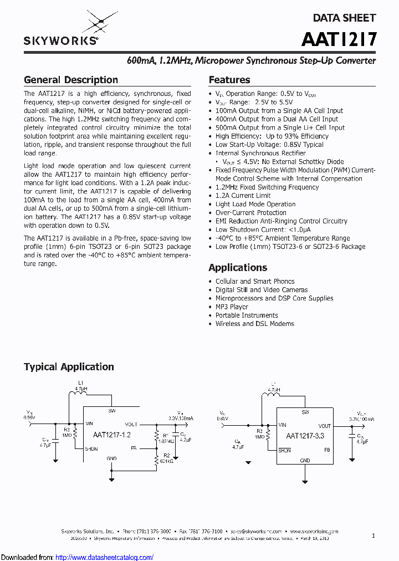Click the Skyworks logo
pyautogui.click(x=62, y=31)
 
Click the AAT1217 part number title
pyautogui.click(x=339, y=39)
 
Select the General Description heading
pyautogui.click(x=71, y=80)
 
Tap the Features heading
pyautogui.click(x=229, y=80)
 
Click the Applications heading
pyautogui.click(x=238, y=267)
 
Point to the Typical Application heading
pyautogui.click(x=69, y=366)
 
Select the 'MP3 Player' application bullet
pyautogui.click(x=232, y=307)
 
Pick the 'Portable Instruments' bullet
pyautogui.click(x=247, y=315)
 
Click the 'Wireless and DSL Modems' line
pyautogui.click(x=254, y=324)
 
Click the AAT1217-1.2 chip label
pyautogui.click(x=112, y=436)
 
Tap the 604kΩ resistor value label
pyautogui.click(x=166, y=461)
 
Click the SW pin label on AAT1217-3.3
pyautogui.click(x=305, y=412)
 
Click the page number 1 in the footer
pyautogui.click(x=374, y=535)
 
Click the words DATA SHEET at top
pyautogui.click(x=344, y=18)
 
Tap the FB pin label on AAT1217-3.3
pyautogui.click(x=327, y=450)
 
